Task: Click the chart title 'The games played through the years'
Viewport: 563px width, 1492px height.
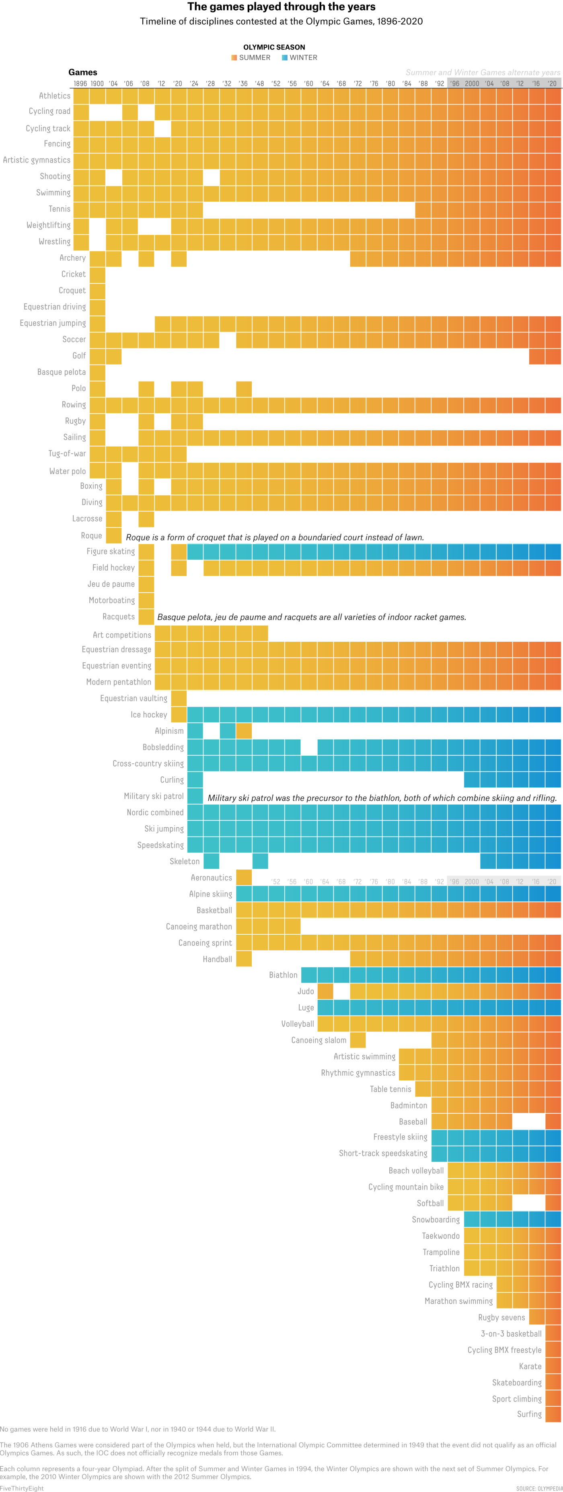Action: coord(281,7)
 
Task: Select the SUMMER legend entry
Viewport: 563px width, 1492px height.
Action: coord(251,58)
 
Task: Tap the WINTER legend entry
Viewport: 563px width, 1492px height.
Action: coord(299,58)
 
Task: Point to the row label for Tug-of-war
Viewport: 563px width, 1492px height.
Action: coord(67,453)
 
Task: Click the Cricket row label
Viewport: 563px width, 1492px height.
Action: coord(74,274)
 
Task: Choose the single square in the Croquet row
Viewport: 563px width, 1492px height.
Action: coord(97,291)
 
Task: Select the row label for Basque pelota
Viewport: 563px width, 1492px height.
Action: coord(62,372)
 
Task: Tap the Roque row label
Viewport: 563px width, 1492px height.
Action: coord(91,536)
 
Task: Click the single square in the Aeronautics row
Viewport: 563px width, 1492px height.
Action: coord(244,878)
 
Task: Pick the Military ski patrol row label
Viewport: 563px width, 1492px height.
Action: coord(154,796)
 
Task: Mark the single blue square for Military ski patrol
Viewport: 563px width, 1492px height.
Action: coord(195,796)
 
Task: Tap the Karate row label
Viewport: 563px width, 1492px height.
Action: coord(530,1366)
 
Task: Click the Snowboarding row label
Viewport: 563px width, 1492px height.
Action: coord(436,1219)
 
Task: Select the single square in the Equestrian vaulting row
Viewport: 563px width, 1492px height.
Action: coord(179,699)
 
